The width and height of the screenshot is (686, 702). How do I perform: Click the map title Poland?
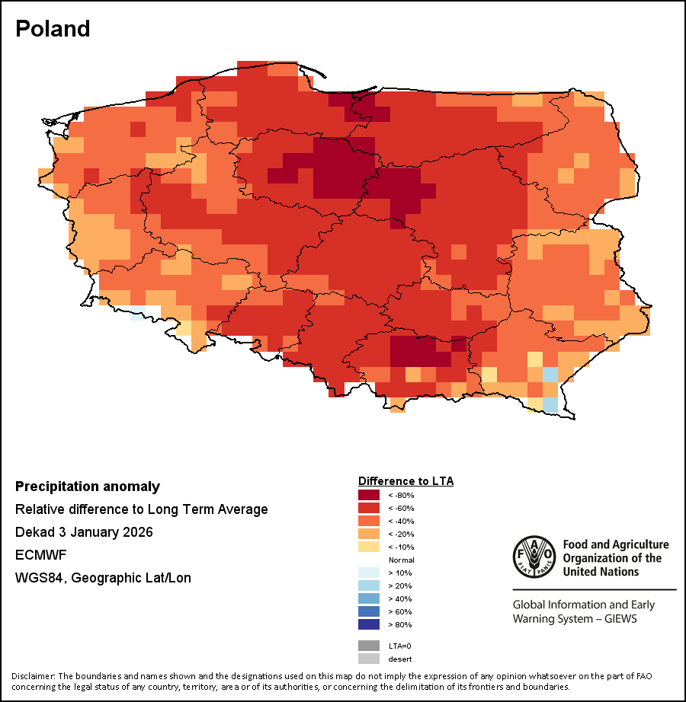tap(53, 29)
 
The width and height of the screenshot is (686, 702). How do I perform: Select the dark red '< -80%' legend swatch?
tap(370, 495)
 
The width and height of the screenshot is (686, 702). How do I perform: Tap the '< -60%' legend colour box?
tap(370, 508)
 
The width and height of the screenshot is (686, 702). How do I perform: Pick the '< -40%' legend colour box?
tap(370, 521)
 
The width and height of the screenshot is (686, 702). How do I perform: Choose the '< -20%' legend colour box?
tap(370, 534)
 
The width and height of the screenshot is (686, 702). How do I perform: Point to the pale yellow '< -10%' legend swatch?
tap(370, 547)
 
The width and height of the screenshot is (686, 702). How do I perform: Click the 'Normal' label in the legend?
tap(402, 560)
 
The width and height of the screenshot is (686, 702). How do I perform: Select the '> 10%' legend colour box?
tap(370, 573)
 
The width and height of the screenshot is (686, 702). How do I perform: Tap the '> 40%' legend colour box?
tap(370, 598)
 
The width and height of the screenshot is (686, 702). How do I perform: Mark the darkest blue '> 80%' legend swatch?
tap(370, 624)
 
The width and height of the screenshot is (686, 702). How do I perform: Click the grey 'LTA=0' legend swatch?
tap(370, 646)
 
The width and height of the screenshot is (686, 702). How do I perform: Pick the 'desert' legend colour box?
tap(370, 659)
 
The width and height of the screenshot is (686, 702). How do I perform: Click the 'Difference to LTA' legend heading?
tap(406, 481)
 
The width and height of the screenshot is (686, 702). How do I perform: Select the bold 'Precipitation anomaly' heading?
tap(88, 487)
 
